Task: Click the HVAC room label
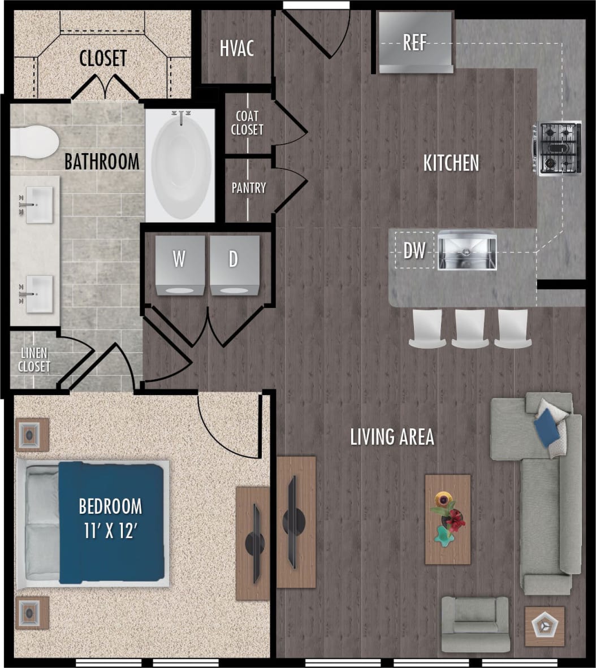pos(237,48)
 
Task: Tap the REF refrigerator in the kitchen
pos(416,42)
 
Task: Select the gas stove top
pos(559,149)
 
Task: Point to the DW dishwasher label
pos(414,250)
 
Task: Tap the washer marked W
pos(180,266)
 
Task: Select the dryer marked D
pos(235,266)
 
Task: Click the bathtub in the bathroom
pos(181,164)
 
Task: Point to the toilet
pos(34,142)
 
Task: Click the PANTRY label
pos(249,188)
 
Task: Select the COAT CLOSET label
pos(247,123)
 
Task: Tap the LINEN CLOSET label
pos(34,360)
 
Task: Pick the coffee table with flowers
pos(448,519)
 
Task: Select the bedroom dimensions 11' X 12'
pos(110,531)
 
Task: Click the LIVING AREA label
pos(392,437)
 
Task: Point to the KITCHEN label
pos(451,163)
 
